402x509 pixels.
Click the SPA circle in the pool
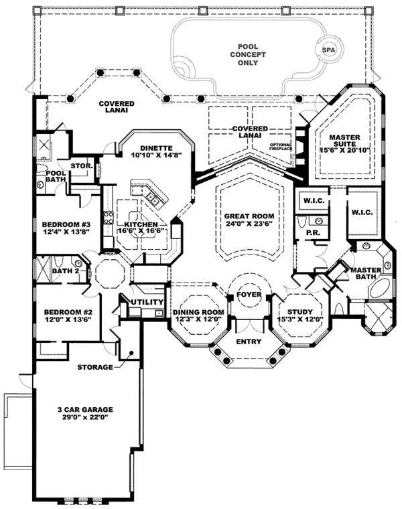point(328,50)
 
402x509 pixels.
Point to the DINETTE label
point(157,148)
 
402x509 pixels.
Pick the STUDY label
point(295,311)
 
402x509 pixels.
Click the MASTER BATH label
point(366,274)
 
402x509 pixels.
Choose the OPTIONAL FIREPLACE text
point(281,148)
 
